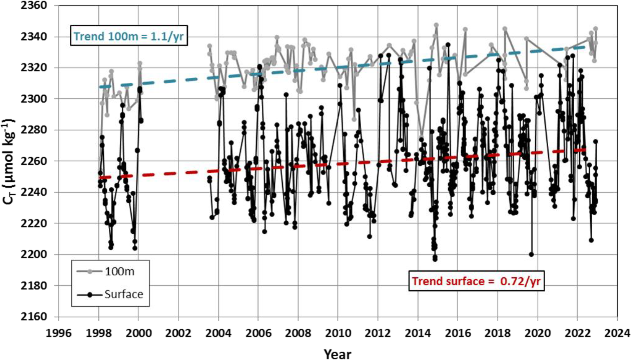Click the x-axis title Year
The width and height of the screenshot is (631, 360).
[337, 353]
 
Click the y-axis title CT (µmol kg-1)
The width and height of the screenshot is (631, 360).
[9, 161]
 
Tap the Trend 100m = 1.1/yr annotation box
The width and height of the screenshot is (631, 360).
[128, 36]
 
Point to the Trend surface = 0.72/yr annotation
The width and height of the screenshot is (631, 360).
[476, 281]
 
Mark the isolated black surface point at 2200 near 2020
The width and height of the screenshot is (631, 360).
[531, 254]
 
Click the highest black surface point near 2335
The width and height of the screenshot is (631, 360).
[448, 45]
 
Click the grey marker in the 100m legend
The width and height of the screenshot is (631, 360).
[90, 272]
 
